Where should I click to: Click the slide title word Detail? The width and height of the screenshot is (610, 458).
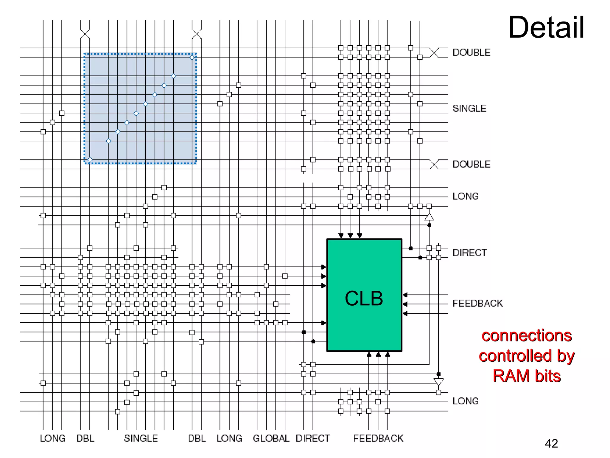pyautogui.click(x=546, y=27)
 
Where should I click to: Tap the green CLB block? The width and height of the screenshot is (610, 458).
pyautogui.click(x=364, y=295)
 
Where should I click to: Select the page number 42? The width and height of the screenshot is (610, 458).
pyautogui.click(x=551, y=443)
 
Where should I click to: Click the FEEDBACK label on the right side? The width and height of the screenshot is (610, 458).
pyautogui.click(x=477, y=304)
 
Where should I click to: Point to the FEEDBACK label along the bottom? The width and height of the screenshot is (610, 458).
pyautogui.click(x=378, y=438)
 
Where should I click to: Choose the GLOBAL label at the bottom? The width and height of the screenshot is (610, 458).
pyautogui.click(x=271, y=438)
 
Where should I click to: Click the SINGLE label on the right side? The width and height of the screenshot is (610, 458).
pyautogui.click(x=469, y=109)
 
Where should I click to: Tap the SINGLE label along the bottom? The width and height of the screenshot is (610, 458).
pyautogui.click(x=141, y=438)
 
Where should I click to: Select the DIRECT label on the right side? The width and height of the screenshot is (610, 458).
pyautogui.click(x=470, y=253)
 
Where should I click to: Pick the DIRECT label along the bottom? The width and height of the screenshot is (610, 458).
pyautogui.click(x=313, y=438)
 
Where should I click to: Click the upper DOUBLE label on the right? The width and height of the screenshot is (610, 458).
pyautogui.click(x=471, y=52)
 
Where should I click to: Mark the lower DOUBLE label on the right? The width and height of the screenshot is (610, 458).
pyautogui.click(x=471, y=164)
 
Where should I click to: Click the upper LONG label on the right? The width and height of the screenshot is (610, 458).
pyautogui.click(x=466, y=196)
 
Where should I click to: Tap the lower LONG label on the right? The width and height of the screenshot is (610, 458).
pyautogui.click(x=466, y=401)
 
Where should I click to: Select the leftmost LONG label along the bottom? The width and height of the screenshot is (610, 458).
pyautogui.click(x=53, y=438)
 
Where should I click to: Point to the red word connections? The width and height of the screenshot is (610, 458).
pyautogui.click(x=527, y=336)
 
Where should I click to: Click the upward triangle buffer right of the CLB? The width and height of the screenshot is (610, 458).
pyautogui.click(x=429, y=217)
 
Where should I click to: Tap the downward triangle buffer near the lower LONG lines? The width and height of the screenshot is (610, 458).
pyautogui.click(x=438, y=382)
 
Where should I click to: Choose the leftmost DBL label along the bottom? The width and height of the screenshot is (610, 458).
pyautogui.click(x=85, y=438)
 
